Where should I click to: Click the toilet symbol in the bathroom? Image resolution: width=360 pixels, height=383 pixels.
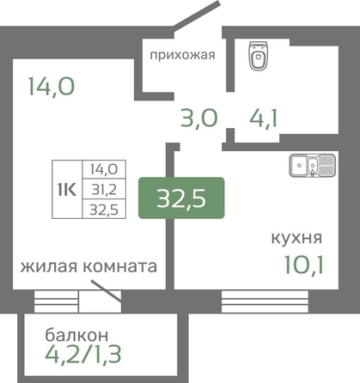(x=259, y=56)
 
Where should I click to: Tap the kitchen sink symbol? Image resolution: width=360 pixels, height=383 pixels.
(x=312, y=165)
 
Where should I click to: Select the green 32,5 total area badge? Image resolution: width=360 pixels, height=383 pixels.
(x=181, y=198)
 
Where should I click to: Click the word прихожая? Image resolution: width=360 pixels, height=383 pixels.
(x=183, y=55)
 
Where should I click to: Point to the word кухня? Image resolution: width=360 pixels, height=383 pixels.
(x=296, y=238)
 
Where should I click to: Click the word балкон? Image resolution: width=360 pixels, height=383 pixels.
(x=76, y=335)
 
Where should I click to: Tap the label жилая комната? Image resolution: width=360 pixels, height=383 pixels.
(x=88, y=266)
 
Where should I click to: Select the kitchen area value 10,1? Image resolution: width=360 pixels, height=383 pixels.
(x=304, y=264)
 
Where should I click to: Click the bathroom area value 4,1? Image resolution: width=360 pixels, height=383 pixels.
(x=263, y=118)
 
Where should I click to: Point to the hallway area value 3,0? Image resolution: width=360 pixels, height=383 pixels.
(x=199, y=119)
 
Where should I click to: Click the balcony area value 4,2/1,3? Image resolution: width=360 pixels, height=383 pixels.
(x=83, y=354)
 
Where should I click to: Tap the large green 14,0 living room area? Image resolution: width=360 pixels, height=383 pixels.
(x=52, y=87)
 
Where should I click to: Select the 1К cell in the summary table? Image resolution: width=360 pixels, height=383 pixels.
(x=67, y=190)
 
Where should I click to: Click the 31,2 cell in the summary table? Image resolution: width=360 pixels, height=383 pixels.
(x=104, y=189)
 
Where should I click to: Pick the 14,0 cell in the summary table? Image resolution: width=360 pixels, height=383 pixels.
(x=104, y=169)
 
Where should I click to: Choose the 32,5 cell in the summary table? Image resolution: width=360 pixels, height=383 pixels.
(x=104, y=210)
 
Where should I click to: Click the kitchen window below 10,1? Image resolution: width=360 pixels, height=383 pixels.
(x=265, y=301)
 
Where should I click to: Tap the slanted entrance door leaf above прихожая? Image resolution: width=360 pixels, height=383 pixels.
(x=197, y=15)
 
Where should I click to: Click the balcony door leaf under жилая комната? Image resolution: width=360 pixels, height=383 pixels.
(x=107, y=291)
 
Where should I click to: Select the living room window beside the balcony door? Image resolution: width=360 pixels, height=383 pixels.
(x=56, y=301)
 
